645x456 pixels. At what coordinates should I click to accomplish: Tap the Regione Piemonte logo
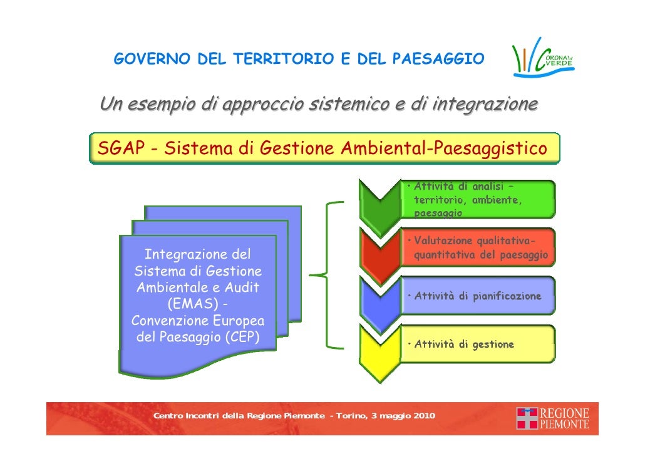point(553,418)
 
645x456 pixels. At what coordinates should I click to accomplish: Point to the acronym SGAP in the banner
point(118,149)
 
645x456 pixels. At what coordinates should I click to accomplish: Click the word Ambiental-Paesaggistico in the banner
point(444,149)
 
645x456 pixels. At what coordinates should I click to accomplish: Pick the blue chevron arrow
point(379,298)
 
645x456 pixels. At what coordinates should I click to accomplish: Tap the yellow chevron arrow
point(379,346)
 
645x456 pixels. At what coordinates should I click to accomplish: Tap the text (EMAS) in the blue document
point(197,304)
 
